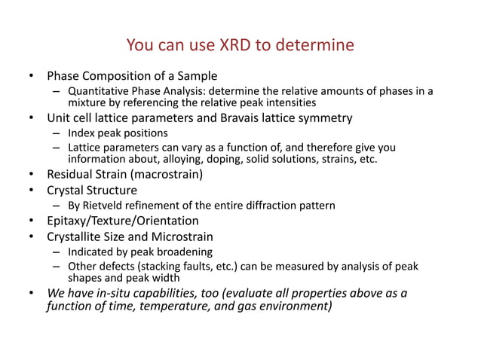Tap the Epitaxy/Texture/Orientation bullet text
coord(123,221)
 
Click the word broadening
coord(187,252)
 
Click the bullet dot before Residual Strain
coord(31,175)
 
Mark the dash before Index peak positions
coord(56,133)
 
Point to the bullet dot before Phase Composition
coord(31,76)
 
